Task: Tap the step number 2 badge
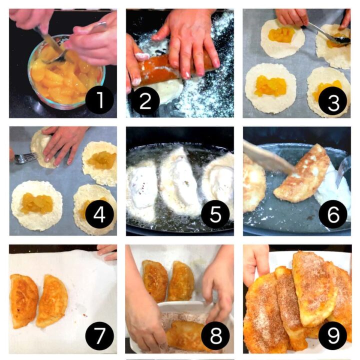pyautogui.click(x=145, y=102)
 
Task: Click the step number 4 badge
pyautogui.click(x=99, y=215)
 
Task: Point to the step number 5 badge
pyautogui.click(x=215, y=215)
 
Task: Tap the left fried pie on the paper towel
pyautogui.click(x=23, y=300)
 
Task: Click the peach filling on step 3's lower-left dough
pyautogui.click(x=269, y=86)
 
